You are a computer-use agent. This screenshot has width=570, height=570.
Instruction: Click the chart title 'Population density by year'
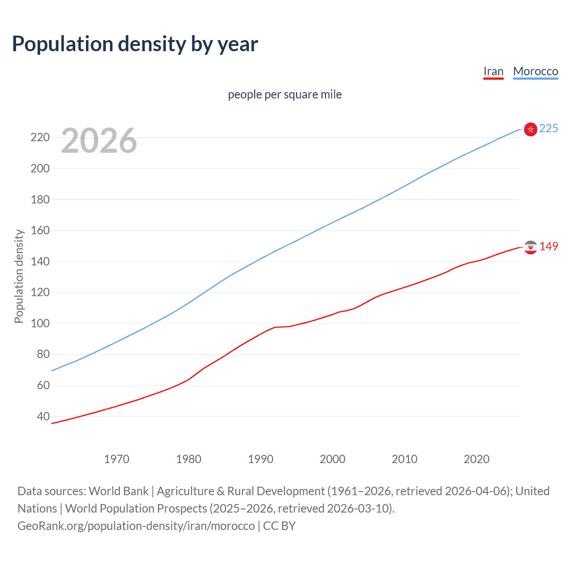click(135, 44)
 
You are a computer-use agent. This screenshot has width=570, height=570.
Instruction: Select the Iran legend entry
click(493, 71)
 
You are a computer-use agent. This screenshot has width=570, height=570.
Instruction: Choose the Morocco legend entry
click(535, 71)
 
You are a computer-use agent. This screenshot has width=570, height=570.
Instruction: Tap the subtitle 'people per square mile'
click(285, 94)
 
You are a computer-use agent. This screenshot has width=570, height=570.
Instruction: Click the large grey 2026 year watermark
click(99, 141)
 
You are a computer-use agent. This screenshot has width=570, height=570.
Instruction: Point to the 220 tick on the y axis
click(40, 138)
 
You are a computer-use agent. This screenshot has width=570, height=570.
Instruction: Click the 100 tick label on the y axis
click(40, 323)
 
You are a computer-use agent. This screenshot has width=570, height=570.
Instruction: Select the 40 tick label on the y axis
click(43, 416)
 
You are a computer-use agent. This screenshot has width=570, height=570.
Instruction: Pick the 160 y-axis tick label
click(40, 231)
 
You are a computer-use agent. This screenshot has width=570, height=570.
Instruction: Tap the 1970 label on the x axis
click(117, 459)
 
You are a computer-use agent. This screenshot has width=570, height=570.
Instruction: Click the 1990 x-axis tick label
click(261, 459)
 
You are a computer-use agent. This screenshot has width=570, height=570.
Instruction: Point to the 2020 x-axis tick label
click(476, 459)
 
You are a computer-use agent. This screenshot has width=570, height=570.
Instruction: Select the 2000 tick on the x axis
click(333, 459)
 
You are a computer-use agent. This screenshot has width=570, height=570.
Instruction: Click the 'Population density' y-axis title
click(19, 276)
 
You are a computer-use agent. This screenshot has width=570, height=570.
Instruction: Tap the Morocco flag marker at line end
click(530, 129)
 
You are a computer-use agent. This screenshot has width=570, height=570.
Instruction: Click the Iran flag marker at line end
click(530, 247)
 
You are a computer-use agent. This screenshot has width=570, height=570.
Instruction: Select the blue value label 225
click(549, 129)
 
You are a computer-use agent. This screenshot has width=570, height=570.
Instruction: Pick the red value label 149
click(549, 247)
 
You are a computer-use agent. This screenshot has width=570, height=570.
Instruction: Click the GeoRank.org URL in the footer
click(136, 526)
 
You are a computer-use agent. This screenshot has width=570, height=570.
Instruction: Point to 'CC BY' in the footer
click(279, 526)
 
